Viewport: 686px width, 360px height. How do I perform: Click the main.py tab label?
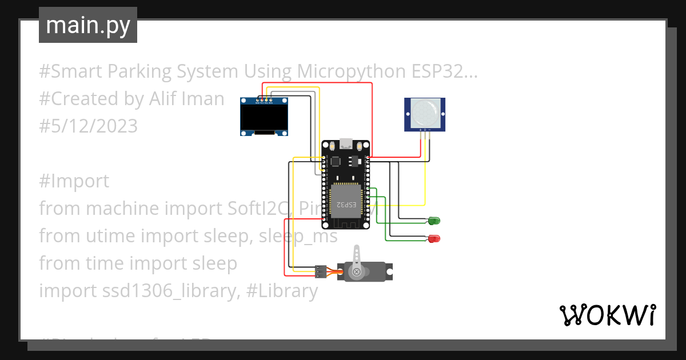click(87, 25)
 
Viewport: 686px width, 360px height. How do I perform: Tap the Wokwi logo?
click(607, 315)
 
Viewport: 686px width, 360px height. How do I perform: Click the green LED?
click(434, 221)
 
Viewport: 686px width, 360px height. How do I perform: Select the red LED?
click(434, 238)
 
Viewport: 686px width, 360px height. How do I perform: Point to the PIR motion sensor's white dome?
click(425, 112)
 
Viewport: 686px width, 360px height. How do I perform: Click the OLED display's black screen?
click(264, 119)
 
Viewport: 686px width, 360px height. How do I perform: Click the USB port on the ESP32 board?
click(346, 143)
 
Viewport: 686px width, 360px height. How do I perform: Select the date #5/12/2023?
click(88, 126)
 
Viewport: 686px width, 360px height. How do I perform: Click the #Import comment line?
click(74, 181)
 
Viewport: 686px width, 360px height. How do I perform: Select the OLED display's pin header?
click(264, 101)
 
